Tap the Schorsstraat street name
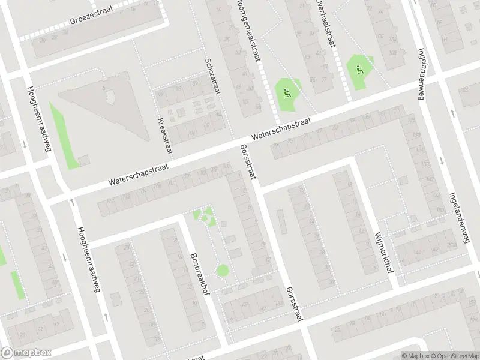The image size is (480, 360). [211, 76]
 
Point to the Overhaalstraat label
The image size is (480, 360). [325, 19]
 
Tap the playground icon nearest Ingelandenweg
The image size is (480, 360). [359, 69]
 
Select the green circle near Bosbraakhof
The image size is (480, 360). [223, 271]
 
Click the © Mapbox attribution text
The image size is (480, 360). [416, 356]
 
